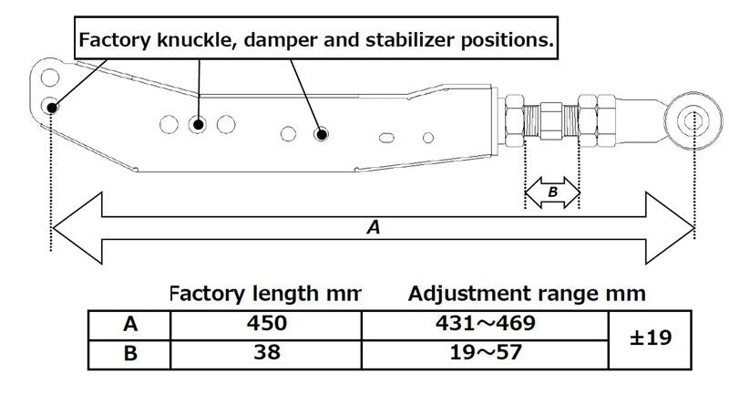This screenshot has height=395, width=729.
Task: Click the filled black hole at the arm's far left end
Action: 53,107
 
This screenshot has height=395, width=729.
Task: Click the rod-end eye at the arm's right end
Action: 691,120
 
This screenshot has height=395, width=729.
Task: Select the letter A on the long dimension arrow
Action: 372,228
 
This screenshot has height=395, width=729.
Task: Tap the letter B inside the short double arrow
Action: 552,192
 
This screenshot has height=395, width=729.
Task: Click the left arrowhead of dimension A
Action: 73,228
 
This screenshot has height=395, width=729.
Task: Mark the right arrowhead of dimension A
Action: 674,228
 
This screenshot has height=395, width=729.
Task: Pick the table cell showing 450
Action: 267,324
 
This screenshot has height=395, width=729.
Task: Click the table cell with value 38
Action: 267,353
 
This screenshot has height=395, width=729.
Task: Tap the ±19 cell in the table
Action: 651,338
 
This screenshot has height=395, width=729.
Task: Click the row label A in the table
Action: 129,324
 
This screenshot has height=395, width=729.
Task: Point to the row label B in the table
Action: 129,353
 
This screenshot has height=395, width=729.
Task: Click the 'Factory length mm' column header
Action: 264,294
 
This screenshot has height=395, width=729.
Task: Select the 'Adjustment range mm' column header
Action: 527,294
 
